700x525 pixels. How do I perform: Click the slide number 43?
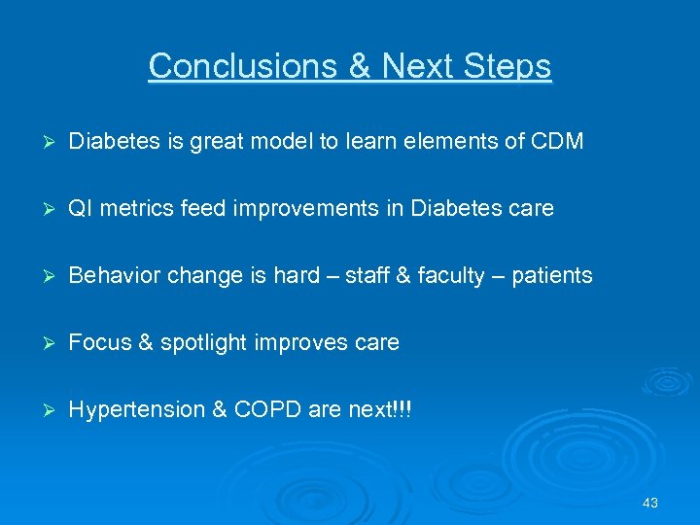point(650,503)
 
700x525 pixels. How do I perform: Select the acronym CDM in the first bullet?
point(557,141)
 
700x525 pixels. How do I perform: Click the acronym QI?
point(80,208)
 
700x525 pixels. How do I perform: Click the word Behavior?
point(112,275)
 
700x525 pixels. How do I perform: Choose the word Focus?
point(95,342)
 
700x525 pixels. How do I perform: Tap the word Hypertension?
point(136,409)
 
